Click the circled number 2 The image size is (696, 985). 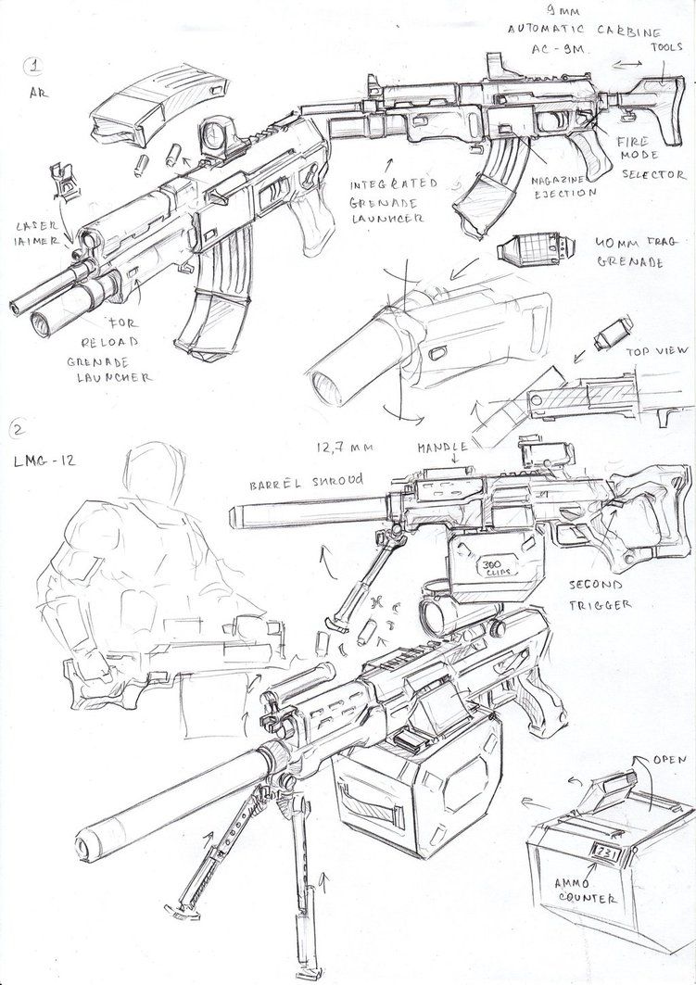click(x=18, y=427)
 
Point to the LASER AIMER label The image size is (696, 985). click(x=34, y=236)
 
